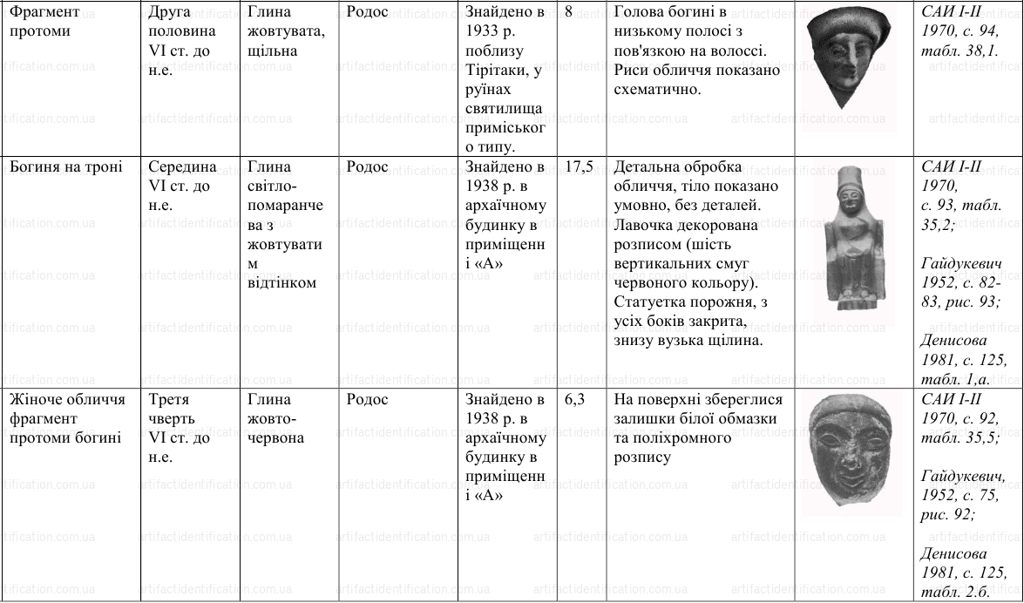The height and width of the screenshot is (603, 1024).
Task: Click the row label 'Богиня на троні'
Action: [65, 167]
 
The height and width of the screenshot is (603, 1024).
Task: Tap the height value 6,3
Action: [574, 400]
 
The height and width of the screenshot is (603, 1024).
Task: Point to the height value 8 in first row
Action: [569, 13]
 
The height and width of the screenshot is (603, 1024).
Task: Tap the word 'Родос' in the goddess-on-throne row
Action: [367, 167]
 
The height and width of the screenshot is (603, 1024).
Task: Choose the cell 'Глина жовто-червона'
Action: [275, 419]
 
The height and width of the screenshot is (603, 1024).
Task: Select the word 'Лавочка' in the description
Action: [644, 225]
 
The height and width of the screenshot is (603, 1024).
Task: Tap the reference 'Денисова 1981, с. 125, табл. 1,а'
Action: [964, 360]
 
